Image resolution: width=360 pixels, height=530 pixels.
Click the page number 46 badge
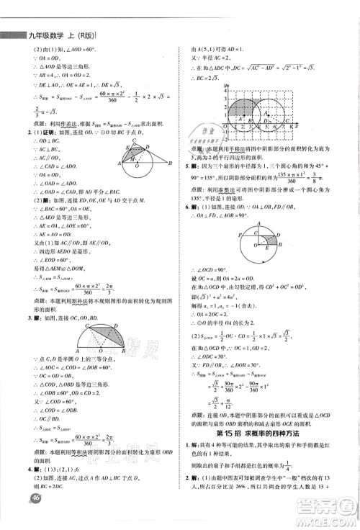click(x=34, y=521)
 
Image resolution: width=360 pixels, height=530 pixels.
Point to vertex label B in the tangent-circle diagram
click(x=167, y=165)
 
